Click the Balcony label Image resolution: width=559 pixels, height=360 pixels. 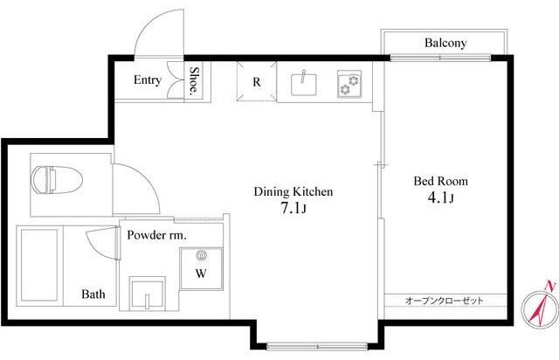(x=445, y=43)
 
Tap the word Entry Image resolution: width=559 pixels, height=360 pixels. (x=147, y=80)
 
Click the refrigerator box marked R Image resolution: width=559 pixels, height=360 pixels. (x=257, y=83)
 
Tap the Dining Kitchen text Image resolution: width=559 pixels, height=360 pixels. (x=293, y=190)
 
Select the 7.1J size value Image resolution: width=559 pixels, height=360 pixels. (x=293, y=209)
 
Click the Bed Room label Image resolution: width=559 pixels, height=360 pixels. (x=440, y=182)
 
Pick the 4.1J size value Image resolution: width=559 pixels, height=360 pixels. (x=440, y=200)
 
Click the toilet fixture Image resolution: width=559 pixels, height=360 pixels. (x=54, y=181)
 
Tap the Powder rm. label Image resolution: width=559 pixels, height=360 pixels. (x=155, y=235)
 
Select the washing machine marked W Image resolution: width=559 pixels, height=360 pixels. (x=201, y=270)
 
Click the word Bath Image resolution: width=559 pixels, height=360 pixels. (x=93, y=294)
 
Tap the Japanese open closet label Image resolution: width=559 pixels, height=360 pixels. (x=444, y=301)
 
